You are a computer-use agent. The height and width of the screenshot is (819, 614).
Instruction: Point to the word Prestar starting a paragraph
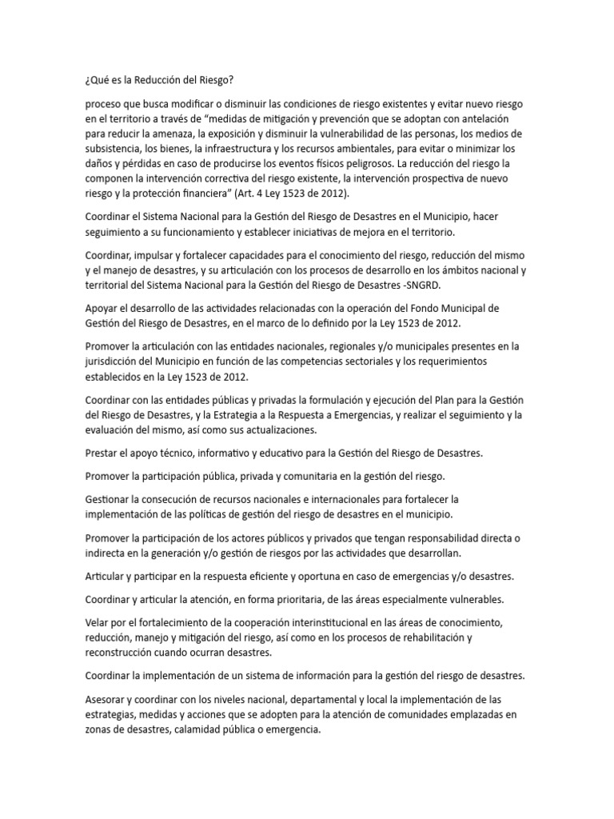point(103,453)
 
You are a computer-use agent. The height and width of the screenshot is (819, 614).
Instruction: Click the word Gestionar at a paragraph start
point(113,499)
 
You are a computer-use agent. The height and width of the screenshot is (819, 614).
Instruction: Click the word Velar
point(99,622)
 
